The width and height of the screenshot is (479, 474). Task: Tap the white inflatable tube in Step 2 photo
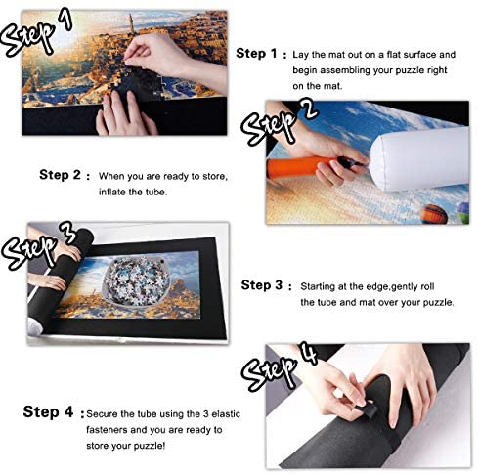pos(420,158)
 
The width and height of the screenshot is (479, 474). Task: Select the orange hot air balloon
pos(434,214)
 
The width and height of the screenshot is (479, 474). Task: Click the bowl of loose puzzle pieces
pos(136,280)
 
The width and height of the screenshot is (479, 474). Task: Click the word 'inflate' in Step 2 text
pos(112,192)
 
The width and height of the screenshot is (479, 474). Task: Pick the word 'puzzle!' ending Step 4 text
pos(150,446)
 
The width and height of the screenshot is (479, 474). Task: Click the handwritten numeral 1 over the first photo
pos(66,19)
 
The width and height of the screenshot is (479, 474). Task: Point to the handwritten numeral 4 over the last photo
pos(309,353)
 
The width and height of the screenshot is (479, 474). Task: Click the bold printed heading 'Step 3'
pos(261,285)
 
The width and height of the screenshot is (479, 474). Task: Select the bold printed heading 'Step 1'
pos(256,53)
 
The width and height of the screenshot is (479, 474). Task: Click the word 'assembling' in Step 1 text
pos(345,70)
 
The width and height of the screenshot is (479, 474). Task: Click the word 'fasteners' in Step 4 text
pos(107,430)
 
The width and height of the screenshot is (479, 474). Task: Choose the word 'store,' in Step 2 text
pos(215,177)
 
